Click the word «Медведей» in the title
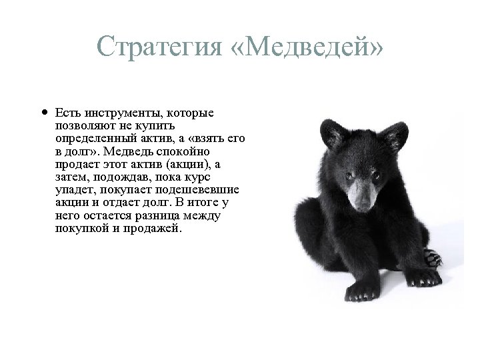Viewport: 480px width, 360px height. [311, 47]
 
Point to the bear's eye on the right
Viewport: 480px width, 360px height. [375, 175]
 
